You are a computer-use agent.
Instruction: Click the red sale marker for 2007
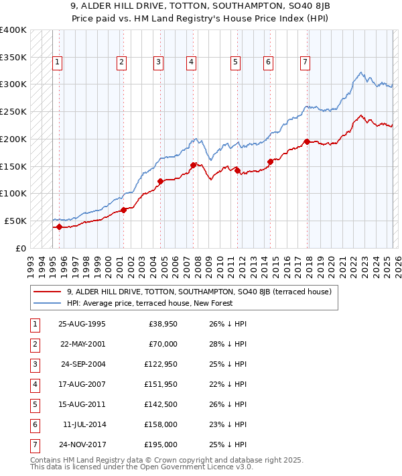click(x=193, y=165)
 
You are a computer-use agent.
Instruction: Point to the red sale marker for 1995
click(x=59, y=227)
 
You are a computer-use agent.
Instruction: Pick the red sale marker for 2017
click(x=307, y=141)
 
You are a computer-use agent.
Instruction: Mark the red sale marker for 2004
click(x=161, y=181)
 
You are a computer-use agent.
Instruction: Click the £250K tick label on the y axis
click(x=13, y=112)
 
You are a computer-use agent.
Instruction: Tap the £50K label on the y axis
click(x=15, y=221)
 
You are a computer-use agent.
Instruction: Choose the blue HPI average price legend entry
click(x=149, y=304)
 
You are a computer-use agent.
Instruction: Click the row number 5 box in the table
click(x=33, y=404)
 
